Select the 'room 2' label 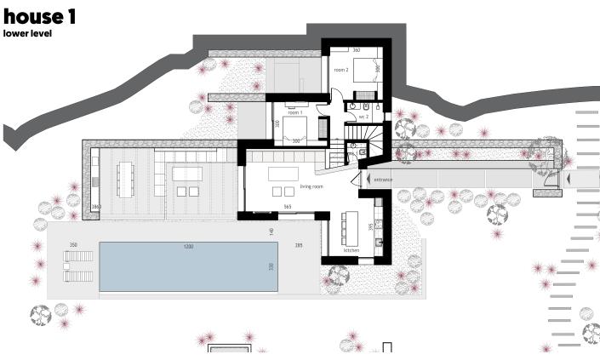(x=341, y=70)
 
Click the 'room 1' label (x=295, y=112)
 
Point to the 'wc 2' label (x=363, y=115)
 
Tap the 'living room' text (x=312, y=186)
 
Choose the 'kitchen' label (x=351, y=250)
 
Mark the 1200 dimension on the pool (x=188, y=246)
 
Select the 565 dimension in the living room (x=288, y=207)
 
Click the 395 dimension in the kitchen (x=369, y=226)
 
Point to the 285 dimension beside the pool (x=298, y=245)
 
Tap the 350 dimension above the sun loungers (x=73, y=245)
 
